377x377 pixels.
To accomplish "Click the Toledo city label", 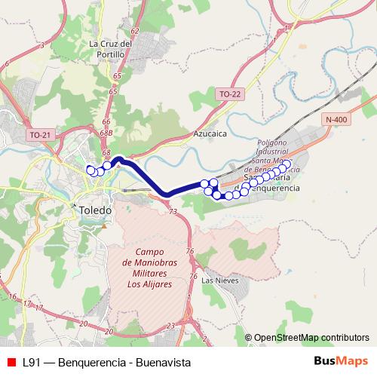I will point(95,211).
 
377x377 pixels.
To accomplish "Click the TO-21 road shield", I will point(39,134).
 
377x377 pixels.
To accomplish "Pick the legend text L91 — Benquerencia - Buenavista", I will point(106,363).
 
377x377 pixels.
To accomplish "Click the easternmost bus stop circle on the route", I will point(287,164).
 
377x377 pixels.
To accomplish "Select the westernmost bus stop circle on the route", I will point(90,170).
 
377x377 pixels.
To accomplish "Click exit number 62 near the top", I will point(135,31).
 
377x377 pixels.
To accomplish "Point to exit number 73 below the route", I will point(174,213).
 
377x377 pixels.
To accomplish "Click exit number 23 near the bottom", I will point(170,326).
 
